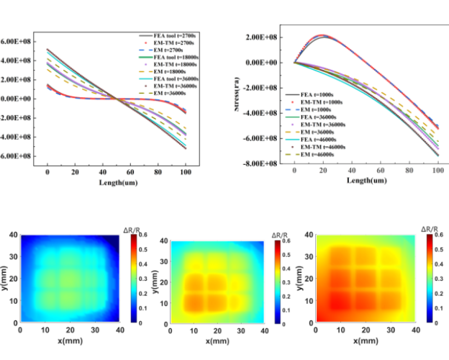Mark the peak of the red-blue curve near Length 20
coord(324,35)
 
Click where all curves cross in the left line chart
coord(117,99)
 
